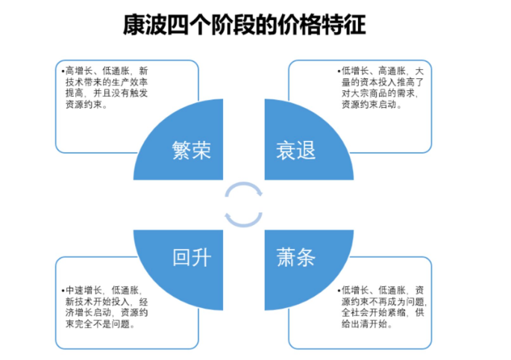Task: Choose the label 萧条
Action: click(x=295, y=257)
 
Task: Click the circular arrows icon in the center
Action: click(x=243, y=203)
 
